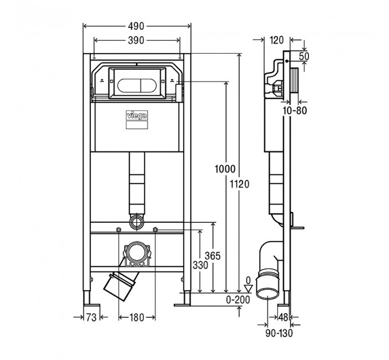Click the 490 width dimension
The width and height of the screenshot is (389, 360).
click(x=136, y=26)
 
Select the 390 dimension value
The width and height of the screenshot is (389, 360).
click(x=136, y=40)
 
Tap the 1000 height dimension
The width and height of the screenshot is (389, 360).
click(x=225, y=169)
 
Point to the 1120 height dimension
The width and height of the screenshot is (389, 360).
click(x=239, y=184)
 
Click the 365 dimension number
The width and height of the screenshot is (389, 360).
click(x=213, y=255)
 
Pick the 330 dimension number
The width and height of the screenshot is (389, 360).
click(x=200, y=265)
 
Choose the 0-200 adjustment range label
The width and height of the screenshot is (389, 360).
click(x=238, y=300)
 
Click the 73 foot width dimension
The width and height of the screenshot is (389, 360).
click(x=92, y=317)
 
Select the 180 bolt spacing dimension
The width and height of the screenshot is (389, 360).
click(x=137, y=317)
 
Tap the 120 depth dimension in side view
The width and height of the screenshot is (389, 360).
click(x=276, y=40)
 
